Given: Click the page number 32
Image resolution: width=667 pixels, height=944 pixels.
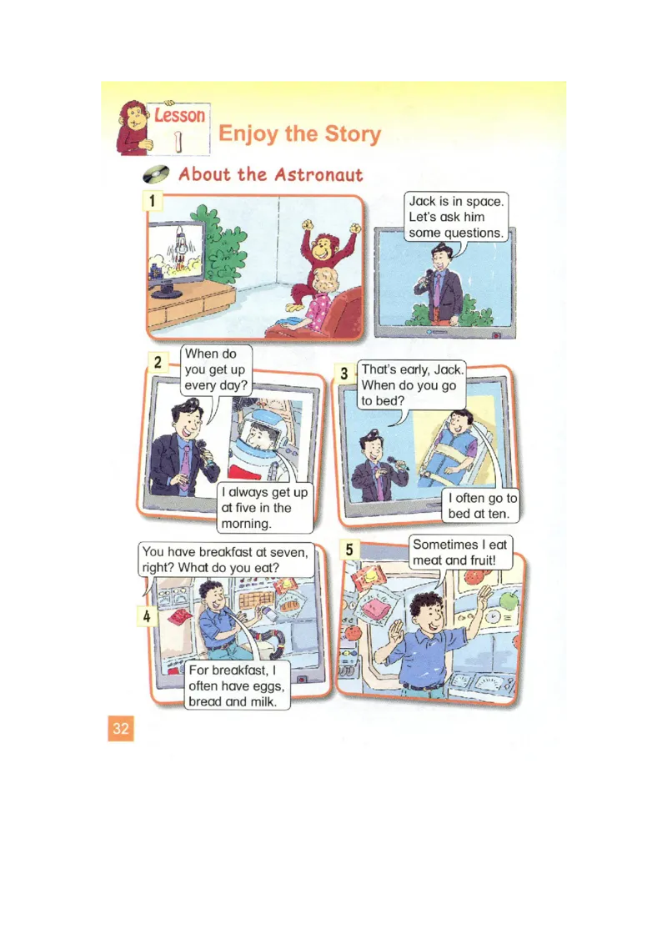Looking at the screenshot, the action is pos(120,729).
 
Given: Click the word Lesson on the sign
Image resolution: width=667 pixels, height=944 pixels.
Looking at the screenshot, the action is pos(179,115).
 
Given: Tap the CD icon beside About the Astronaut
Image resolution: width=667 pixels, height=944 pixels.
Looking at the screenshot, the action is pos(157,174).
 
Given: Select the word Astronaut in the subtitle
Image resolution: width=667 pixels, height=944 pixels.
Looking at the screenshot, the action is pos(318,174).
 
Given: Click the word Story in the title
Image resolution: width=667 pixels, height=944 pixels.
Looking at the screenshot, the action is pos(351,133).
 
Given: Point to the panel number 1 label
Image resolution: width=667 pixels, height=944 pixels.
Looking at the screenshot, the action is pos(153,200).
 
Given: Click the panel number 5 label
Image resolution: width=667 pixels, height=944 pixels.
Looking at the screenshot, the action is pos(349,549).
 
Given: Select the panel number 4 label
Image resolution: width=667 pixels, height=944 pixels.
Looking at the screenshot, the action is pos(146,616).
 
